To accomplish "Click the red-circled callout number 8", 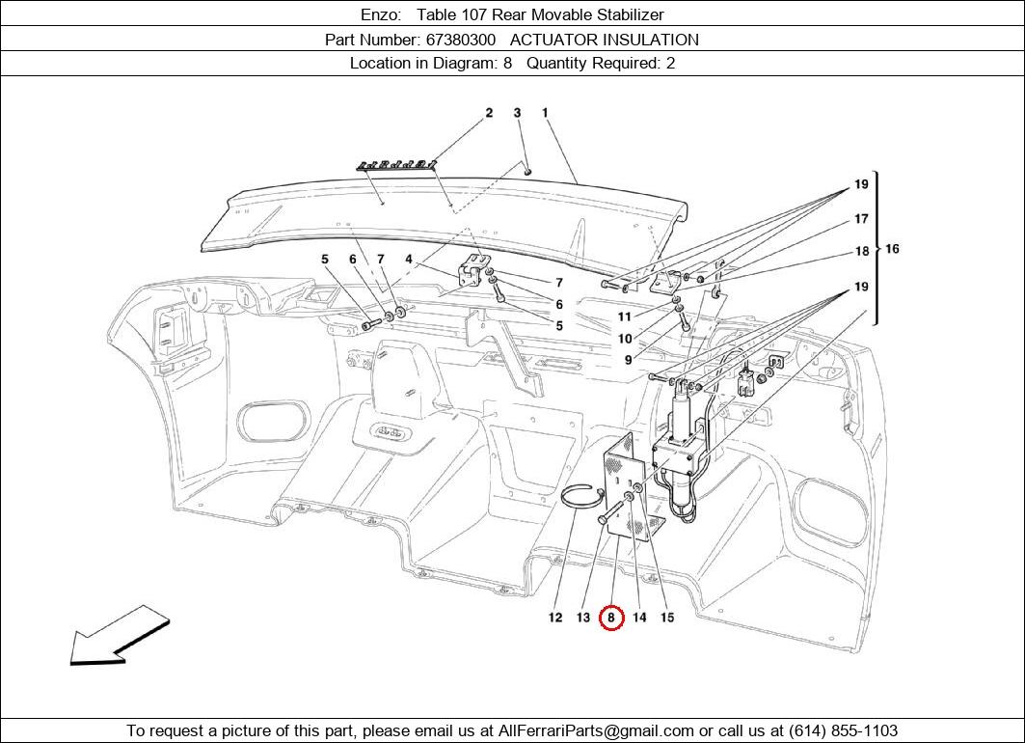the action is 611,618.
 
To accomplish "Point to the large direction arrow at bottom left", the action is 120,636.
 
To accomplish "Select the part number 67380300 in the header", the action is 460,40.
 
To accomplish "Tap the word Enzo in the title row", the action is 379,14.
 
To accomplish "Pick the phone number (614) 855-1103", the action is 844,730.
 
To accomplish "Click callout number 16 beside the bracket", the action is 892,249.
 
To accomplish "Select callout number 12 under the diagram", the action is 555,618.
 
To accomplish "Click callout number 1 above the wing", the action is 545,113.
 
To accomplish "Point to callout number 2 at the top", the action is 489,113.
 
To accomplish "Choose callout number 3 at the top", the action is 517,113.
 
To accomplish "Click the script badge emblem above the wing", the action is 397,164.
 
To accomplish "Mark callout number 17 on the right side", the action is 861,218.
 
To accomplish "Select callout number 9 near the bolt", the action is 628,360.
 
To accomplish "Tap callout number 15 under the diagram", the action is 666,618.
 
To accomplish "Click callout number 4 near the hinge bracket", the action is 409,259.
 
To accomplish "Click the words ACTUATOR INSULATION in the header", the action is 604,40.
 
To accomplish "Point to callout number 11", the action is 625,316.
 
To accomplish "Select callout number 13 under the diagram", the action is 583,618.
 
